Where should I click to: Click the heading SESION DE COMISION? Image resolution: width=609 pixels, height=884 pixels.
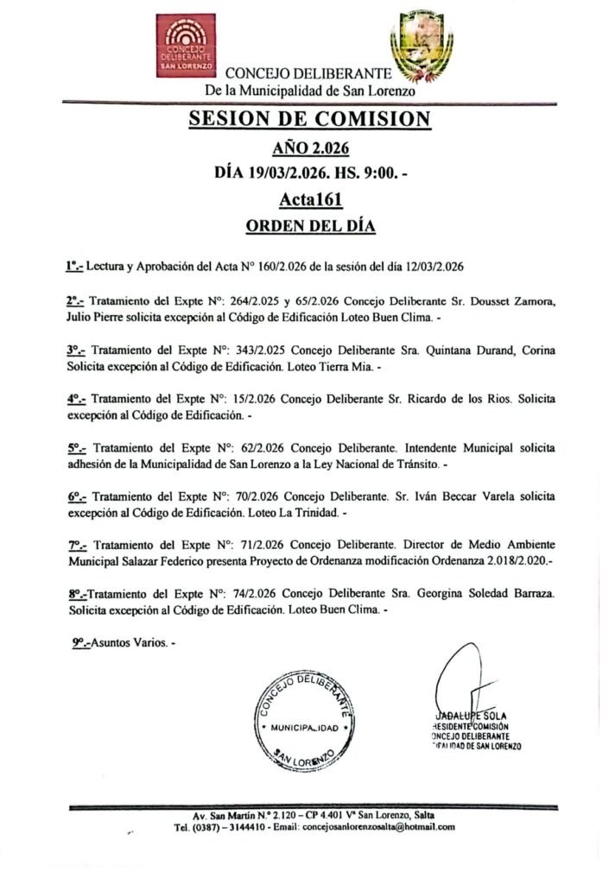[x=309, y=119]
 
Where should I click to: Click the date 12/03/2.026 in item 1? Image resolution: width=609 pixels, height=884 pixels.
[x=436, y=267]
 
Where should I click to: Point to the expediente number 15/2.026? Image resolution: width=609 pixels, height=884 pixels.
[x=263, y=401]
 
